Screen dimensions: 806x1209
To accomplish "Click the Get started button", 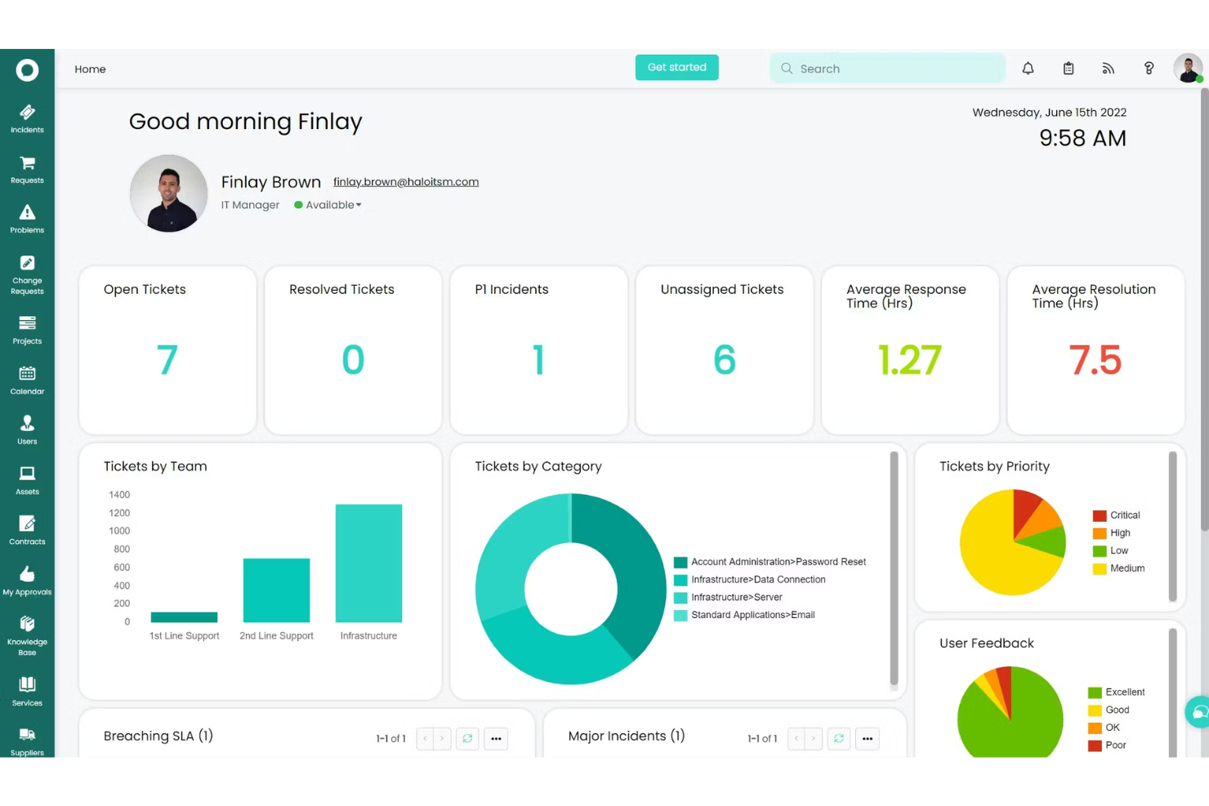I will pyautogui.click(x=676, y=68).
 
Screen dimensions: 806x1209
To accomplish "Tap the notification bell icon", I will pyautogui.click(x=1028, y=69).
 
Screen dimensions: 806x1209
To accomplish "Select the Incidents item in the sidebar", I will pyautogui.click(x=27, y=118).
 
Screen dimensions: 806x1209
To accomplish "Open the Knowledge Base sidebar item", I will pyautogui.click(x=27, y=635).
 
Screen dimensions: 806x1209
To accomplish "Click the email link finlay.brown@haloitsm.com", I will pyautogui.click(x=405, y=182).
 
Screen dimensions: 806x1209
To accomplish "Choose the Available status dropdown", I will pyautogui.click(x=328, y=205).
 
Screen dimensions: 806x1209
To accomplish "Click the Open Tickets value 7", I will pyautogui.click(x=167, y=360).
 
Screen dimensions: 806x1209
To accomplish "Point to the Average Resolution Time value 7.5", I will pyautogui.click(x=1095, y=360).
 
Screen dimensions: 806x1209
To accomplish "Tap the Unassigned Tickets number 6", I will pyautogui.click(x=724, y=360).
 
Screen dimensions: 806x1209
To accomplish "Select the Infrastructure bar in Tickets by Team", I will pyautogui.click(x=368, y=563).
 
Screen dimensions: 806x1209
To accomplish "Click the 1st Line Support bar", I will pyautogui.click(x=184, y=617).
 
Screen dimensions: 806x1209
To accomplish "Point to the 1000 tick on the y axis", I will pyautogui.click(x=119, y=531).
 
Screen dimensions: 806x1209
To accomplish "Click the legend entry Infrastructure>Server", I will pyautogui.click(x=736, y=598).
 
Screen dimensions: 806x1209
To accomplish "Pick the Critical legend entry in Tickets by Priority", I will pyautogui.click(x=1124, y=515).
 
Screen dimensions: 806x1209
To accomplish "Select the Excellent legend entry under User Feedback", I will pyautogui.click(x=1124, y=692).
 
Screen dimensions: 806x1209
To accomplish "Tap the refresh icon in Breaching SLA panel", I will pyautogui.click(x=467, y=739).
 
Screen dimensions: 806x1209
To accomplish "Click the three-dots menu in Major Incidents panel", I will pyautogui.click(x=867, y=739).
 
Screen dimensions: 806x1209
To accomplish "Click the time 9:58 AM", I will pyautogui.click(x=1082, y=139).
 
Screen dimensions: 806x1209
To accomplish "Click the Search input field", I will pyautogui.click(x=894, y=69).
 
